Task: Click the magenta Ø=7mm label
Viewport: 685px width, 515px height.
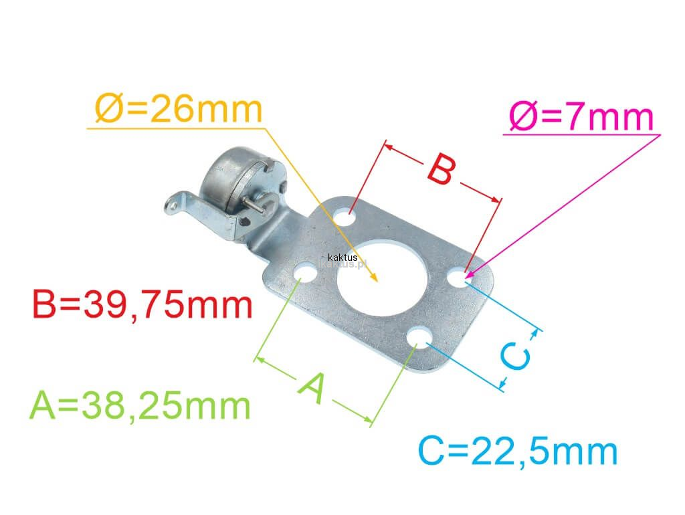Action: click(581, 117)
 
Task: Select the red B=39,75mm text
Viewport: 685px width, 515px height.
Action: click(142, 305)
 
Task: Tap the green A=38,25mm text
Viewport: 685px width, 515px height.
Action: click(140, 405)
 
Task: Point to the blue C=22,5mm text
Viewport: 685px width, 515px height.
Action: click(518, 451)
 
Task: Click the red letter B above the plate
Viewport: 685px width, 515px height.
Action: click(442, 169)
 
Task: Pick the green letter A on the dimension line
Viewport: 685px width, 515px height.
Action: click(313, 388)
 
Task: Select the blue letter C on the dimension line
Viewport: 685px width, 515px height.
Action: click(516, 356)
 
